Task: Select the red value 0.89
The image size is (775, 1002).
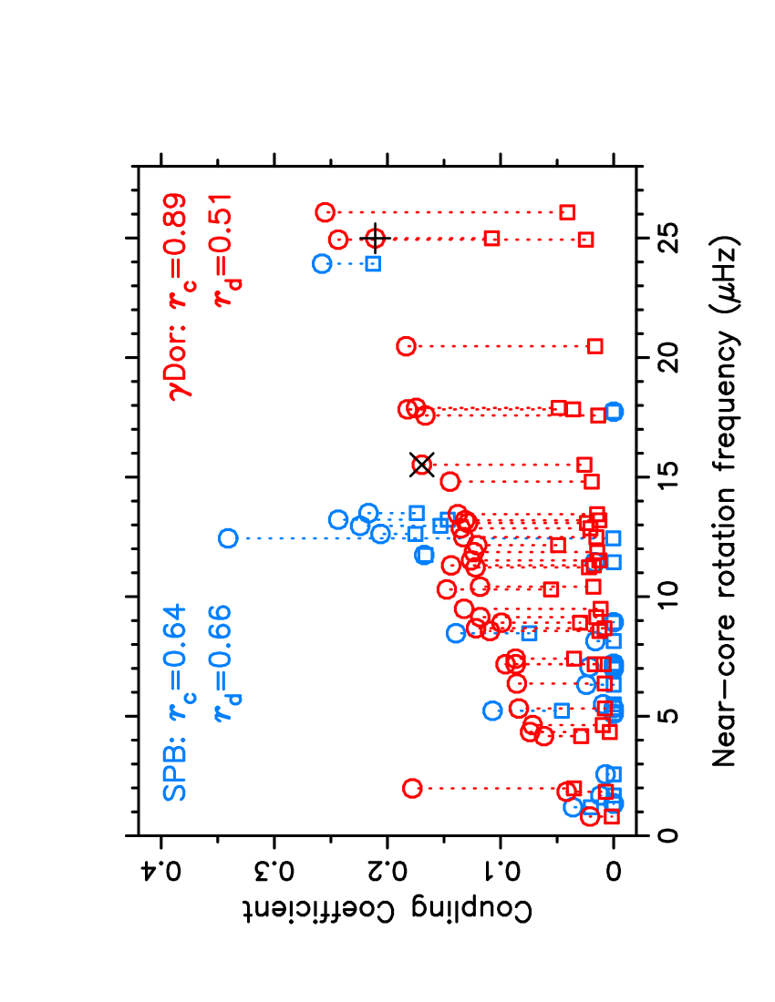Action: pyautogui.click(x=175, y=224)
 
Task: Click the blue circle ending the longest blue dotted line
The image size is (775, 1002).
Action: pyautogui.click(x=228, y=538)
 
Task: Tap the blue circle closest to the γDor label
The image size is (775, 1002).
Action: pyautogui.click(x=322, y=263)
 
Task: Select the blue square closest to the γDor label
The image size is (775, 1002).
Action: pyautogui.click(x=373, y=264)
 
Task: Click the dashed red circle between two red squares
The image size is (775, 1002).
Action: pyautogui.click(x=376, y=239)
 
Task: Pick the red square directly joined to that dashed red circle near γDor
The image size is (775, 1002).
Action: pyautogui.click(x=491, y=239)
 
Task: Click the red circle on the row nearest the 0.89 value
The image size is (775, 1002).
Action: pyautogui.click(x=325, y=212)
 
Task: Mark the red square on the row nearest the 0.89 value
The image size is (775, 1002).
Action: pyautogui.click(x=567, y=212)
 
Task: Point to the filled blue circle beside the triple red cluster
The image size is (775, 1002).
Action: pyautogui.click(x=614, y=412)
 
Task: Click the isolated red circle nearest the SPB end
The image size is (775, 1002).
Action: pyautogui.click(x=412, y=788)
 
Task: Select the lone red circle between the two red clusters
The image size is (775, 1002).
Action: pyautogui.click(x=406, y=346)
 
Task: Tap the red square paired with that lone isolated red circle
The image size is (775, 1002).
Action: pyautogui.click(x=595, y=346)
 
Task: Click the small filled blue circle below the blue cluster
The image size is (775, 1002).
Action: pyautogui.click(x=424, y=554)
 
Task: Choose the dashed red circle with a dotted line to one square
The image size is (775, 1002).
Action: pyautogui.click(x=421, y=465)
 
